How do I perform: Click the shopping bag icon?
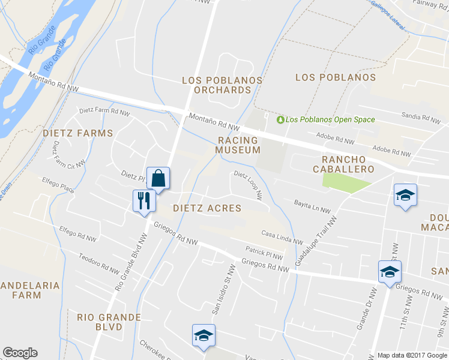(x=158, y=178)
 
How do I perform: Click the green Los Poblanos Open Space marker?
(x=280, y=119)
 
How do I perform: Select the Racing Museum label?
(x=238, y=145)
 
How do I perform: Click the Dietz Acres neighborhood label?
(x=206, y=208)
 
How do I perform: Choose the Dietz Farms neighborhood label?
(x=77, y=133)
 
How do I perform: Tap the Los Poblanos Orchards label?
(x=222, y=85)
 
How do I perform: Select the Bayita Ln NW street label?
(x=312, y=207)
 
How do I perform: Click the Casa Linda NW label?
(x=282, y=236)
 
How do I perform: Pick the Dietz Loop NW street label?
(x=249, y=185)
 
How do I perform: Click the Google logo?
(x=20, y=353)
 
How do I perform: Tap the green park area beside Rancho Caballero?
(x=342, y=181)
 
